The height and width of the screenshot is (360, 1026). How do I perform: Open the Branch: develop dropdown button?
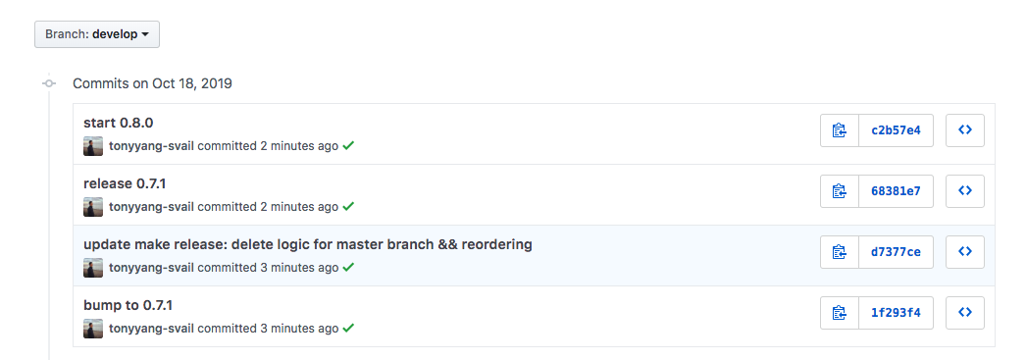(97, 34)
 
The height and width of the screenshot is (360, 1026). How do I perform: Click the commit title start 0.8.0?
(118, 124)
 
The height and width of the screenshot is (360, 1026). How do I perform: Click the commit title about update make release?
(307, 244)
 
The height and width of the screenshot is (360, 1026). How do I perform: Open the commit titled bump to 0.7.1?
(128, 305)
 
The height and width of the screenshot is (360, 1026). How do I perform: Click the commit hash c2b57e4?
(896, 130)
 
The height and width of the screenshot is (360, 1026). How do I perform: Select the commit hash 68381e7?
(896, 191)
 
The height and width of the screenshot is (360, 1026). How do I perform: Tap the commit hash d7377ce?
(896, 252)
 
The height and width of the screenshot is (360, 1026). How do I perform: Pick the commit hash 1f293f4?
(896, 313)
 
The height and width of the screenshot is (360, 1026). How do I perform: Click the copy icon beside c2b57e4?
(839, 130)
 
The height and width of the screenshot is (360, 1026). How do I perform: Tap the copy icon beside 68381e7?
(839, 191)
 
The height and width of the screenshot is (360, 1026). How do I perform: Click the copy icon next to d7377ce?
(839, 252)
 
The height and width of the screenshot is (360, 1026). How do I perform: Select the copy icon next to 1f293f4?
(839, 313)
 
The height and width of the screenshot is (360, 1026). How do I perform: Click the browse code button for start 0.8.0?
(964, 130)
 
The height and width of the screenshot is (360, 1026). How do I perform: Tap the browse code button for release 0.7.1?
(964, 191)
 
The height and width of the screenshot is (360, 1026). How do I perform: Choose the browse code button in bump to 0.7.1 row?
(964, 313)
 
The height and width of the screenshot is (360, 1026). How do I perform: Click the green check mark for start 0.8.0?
(348, 146)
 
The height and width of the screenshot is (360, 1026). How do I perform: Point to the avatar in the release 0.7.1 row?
(93, 207)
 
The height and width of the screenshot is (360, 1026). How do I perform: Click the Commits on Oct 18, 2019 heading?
(152, 83)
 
